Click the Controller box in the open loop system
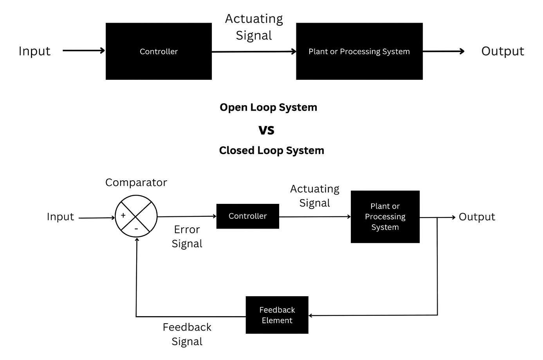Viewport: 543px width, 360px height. point(159,51)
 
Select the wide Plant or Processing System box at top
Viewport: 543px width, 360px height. point(359,51)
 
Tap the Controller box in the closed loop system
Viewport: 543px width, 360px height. point(247,216)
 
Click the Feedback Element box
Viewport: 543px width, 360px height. point(277,315)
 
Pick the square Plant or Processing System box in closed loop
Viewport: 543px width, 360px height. point(385,217)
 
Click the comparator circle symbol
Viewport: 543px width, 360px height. point(136,216)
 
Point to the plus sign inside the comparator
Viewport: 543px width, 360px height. point(123,215)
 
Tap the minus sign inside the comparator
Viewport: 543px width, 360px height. point(136,229)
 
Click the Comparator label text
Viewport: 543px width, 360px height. point(136,182)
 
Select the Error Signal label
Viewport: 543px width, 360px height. point(187,236)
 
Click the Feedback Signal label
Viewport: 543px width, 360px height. point(187,334)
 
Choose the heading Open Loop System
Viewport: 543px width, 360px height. point(268,107)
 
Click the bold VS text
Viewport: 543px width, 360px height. point(266,130)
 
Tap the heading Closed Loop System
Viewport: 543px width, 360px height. point(271,150)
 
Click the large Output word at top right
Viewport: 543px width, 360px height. point(502,51)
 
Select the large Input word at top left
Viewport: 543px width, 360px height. point(34,51)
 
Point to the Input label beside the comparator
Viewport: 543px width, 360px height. point(60,217)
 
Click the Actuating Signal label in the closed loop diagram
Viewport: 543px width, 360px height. point(314,196)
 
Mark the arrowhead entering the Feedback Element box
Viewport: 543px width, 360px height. point(310,315)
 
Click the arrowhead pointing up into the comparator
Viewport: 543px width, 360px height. point(137,239)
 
